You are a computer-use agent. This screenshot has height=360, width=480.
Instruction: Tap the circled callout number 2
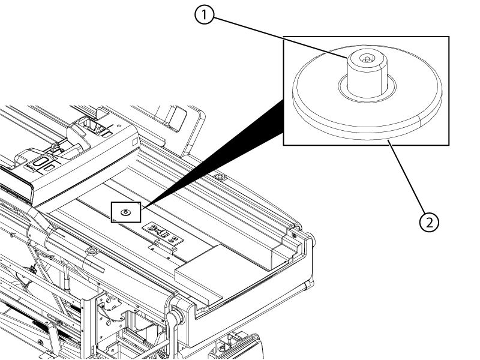[x=428, y=222]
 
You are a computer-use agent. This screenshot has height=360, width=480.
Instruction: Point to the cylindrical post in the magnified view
[x=365, y=74]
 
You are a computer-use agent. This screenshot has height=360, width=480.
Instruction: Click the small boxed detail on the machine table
[x=125, y=211]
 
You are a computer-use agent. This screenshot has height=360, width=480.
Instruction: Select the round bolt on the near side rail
[x=91, y=250]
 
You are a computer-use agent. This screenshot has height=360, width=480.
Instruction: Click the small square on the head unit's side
[x=135, y=142]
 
